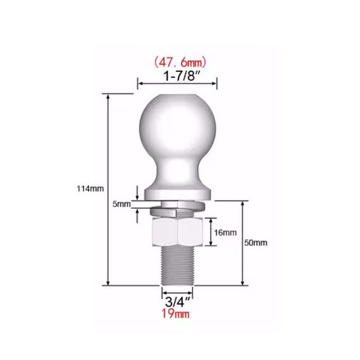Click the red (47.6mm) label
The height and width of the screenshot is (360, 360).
coord(178,62)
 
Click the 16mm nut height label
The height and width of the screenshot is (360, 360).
coord(225,233)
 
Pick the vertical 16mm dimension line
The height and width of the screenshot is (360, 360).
coord(210,233)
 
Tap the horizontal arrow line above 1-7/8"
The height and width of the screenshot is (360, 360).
coord(178,83)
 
